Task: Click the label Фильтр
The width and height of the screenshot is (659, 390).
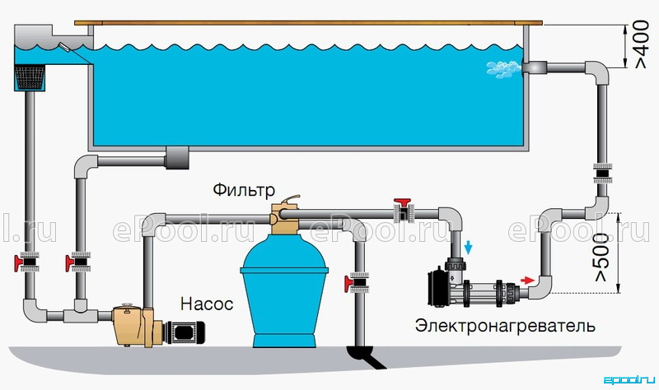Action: pos(244,190)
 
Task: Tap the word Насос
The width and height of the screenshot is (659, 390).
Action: pos(207,304)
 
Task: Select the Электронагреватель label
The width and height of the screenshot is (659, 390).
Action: pos(505,326)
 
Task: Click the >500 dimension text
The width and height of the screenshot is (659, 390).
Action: pos(602,257)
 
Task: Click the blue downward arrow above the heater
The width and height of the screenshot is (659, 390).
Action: pos(468,248)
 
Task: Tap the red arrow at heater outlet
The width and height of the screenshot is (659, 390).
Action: pos(527,280)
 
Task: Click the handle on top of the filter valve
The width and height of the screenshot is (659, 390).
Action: pos(291,199)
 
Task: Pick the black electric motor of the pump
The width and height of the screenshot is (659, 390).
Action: pos(185,332)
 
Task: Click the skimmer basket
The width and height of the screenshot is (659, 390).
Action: pos(30,77)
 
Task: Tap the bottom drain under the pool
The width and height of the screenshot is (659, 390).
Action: pos(177,158)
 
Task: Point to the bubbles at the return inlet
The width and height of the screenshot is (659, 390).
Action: pos(503,69)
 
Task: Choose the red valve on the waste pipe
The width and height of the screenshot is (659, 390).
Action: pos(357,282)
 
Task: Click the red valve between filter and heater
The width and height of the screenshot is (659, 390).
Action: pos(403,209)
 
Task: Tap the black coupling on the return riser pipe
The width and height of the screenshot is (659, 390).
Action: pos(603,173)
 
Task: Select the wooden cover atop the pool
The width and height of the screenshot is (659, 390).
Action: pos(308,23)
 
